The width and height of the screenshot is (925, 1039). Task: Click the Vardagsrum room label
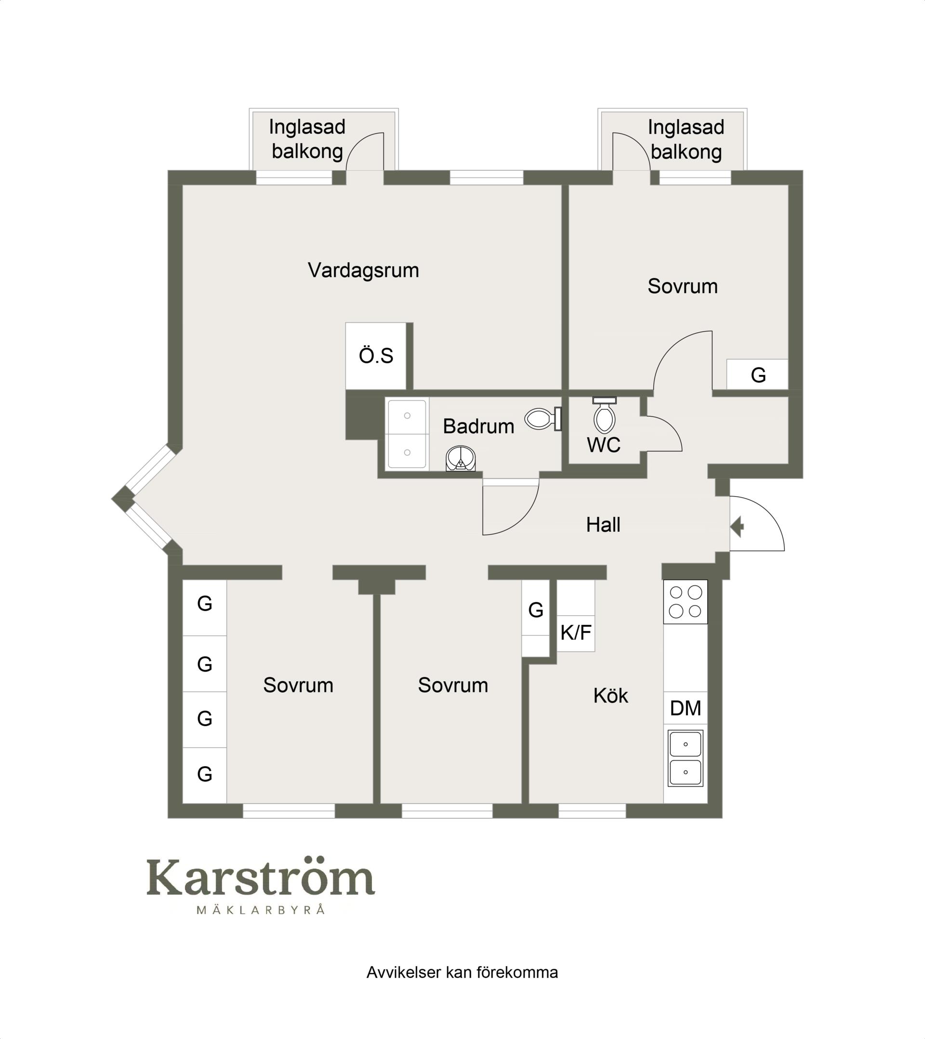[x=363, y=270]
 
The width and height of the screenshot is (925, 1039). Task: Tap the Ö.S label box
[x=376, y=355]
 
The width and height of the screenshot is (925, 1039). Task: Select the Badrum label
[x=478, y=426]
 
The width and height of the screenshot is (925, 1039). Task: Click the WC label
[x=603, y=445]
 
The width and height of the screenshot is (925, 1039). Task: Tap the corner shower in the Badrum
[x=461, y=459]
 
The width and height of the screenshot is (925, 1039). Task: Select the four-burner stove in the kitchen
[x=685, y=602]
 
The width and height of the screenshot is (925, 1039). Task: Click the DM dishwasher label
[x=685, y=708]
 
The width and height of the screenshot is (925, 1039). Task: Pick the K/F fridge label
[x=576, y=633]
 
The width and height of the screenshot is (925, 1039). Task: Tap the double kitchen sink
[x=685, y=758]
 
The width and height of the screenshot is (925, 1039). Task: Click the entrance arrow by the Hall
[x=738, y=526]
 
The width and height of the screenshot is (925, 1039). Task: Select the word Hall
[x=603, y=525]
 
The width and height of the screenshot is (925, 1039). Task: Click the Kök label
[x=610, y=696]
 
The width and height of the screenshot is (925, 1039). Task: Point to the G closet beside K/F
[x=536, y=610]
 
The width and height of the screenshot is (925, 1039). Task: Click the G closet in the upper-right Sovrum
[x=757, y=375]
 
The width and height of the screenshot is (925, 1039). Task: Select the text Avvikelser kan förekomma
[x=462, y=973]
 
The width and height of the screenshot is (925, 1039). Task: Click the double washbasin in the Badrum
[x=407, y=434]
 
